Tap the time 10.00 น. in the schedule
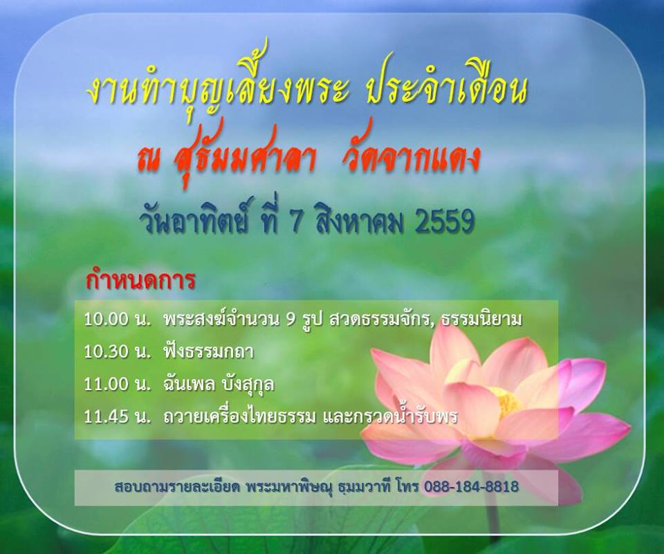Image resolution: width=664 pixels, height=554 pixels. (x=118, y=320)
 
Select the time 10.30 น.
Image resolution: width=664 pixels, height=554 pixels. (x=118, y=352)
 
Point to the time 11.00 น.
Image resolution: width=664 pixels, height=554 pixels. (x=118, y=384)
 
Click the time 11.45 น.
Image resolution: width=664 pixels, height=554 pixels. (x=118, y=417)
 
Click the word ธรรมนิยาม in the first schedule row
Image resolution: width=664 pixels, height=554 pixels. (x=481, y=320)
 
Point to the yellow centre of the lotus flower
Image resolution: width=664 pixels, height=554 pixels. (x=506, y=400)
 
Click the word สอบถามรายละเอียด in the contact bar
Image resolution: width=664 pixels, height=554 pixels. (x=177, y=487)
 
